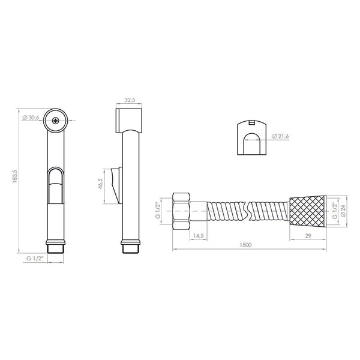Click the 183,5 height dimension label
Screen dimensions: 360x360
click(15, 176)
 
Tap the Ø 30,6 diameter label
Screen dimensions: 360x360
click(31, 118)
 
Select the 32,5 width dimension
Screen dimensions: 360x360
click(130, 100)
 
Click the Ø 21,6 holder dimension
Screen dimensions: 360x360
click(280, 136)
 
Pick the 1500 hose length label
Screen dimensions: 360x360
click(245, 245)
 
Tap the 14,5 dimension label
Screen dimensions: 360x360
click(199, 236)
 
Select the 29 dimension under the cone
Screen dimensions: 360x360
click(308, 236)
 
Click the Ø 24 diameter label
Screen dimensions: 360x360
click(343, 211)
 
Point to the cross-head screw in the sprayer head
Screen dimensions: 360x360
click(55, 121)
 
